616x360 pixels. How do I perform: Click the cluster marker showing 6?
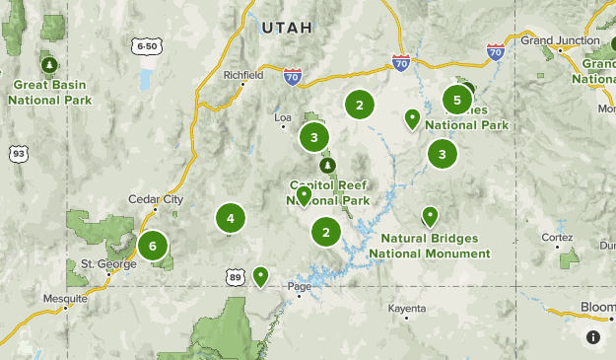click(x=153, y=246)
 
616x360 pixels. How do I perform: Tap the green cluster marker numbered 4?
click(x=230, y=218)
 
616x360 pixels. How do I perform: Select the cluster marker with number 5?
click(x=456, y=99)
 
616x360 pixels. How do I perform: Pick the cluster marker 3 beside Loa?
click(x=313, y=137)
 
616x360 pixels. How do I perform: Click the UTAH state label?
click(x=286, y=29)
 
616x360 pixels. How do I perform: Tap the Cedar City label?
click(x=157, y=199)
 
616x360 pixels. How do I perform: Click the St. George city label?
click(x=100, y=263)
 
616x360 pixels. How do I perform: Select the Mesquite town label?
click(x=66, y=298)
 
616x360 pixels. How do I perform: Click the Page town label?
click(x=299, y=287)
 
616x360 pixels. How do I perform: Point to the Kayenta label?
click(x=406, y=309)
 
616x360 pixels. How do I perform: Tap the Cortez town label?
click(x=556, y=237)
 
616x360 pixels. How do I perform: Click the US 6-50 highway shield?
click(x=147, y=46)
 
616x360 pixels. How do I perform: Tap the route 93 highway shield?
click(x=18, y=153)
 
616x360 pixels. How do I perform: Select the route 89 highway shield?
click(x=234, y=278)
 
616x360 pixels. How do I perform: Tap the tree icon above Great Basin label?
click(x=47, y=65)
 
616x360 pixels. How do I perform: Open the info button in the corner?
click(x=593, y=337)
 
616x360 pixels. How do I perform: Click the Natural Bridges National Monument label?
click(x=429, y=246)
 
